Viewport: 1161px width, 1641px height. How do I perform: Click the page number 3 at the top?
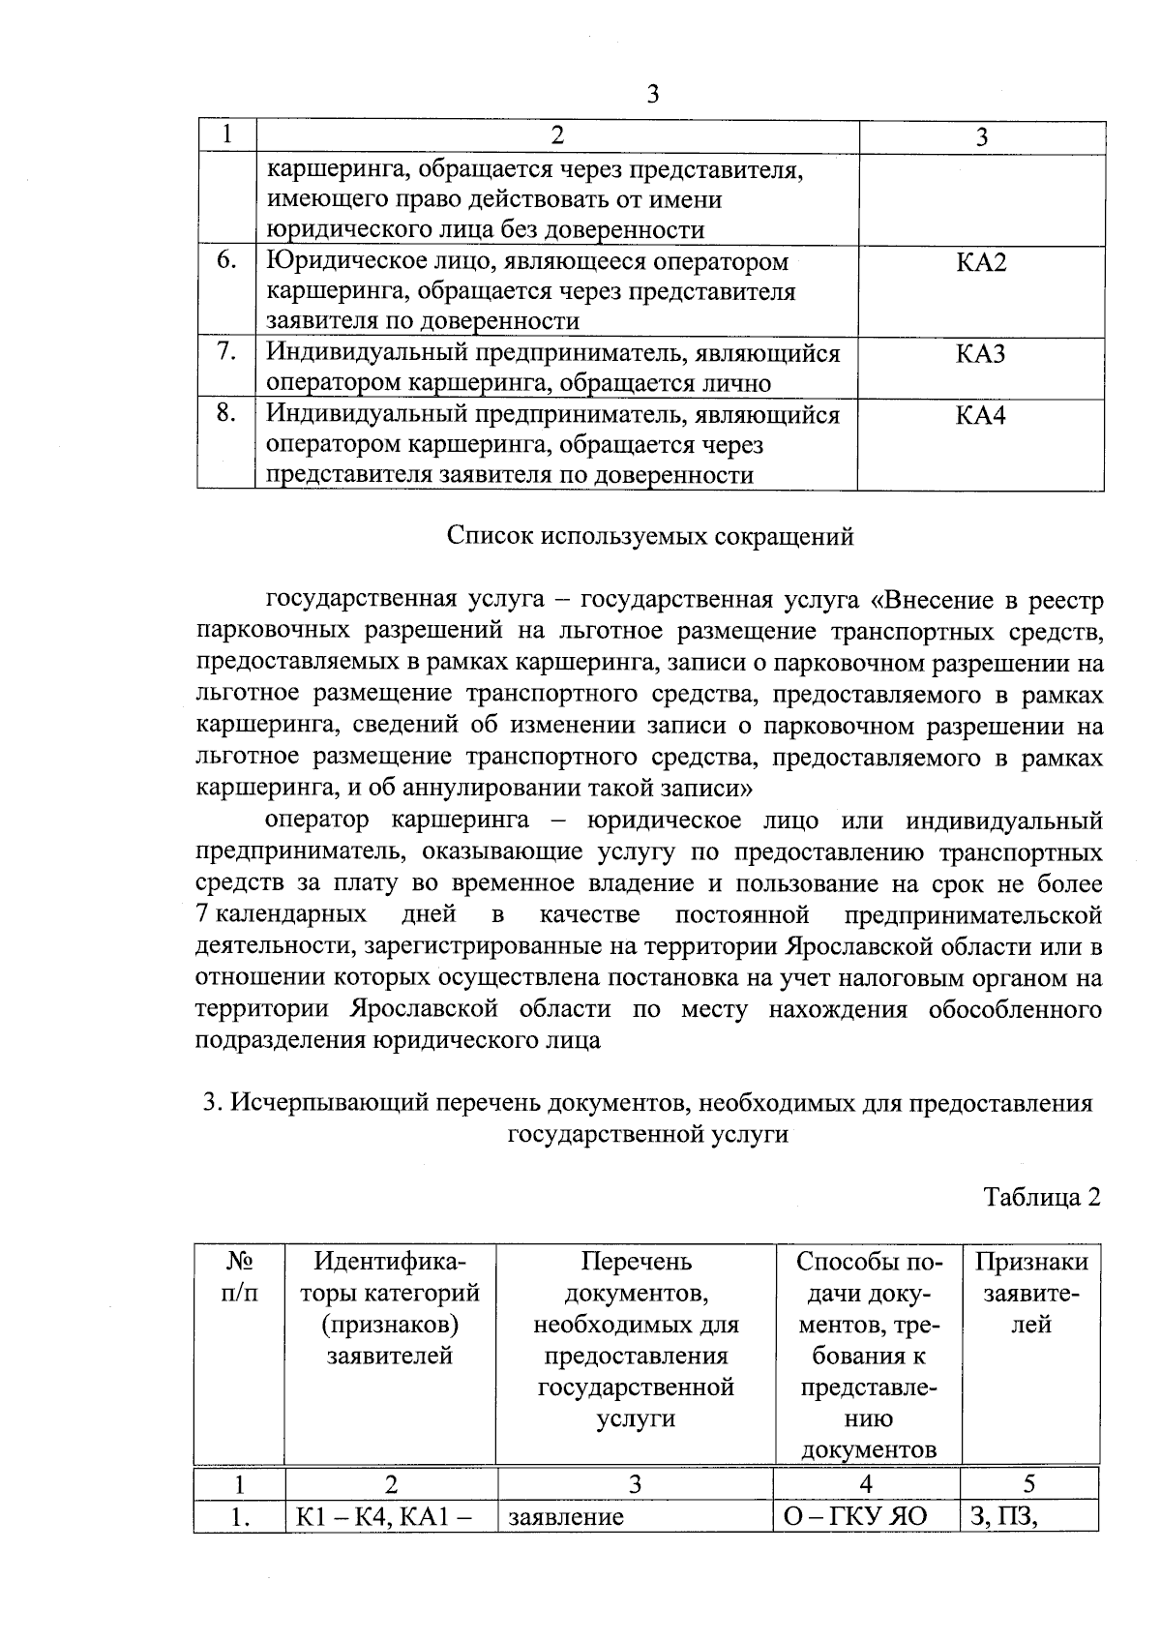[652, 94]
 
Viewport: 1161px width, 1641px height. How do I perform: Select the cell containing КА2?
[981, 263]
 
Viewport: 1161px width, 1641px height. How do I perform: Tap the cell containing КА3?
[981, 354]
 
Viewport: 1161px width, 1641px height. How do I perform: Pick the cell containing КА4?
[981, 416]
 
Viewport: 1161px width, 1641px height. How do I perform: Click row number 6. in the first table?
[226, 261]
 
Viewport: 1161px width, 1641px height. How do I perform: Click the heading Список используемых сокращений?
[650, 536]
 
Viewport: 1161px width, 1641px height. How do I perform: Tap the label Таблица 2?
[1042, 1197]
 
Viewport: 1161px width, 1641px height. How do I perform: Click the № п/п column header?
[240, 1277]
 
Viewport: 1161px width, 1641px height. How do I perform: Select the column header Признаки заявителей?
[1030, 1293]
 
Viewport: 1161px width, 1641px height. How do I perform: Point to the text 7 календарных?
[281, 914]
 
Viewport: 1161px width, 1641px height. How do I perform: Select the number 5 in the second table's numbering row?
[1029, 1483]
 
